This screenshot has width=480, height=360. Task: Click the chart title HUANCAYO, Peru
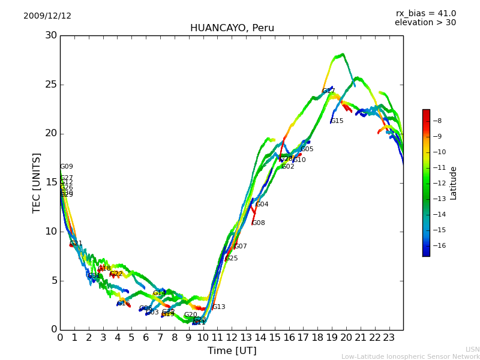[x=232, y=28]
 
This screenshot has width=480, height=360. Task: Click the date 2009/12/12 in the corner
[x=47, y=16]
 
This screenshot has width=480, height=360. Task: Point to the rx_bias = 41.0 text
[x=425, y=14]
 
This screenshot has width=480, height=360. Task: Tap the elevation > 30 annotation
[x=425, y=23]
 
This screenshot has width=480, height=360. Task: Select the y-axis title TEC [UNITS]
[x=37, y=182]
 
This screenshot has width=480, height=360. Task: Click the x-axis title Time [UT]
[x=232, y=350]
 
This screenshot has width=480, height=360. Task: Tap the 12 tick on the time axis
[x=232, y=338]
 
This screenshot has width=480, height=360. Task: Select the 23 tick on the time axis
[x=389, y=338]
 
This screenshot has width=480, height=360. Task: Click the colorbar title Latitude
[x=454, y=183]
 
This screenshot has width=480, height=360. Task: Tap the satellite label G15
[x=337, y=121]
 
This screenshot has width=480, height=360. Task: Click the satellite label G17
[x=328, y=91]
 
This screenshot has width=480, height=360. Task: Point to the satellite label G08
[x=258, y=223]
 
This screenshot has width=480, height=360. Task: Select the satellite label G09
[x=66, y=167]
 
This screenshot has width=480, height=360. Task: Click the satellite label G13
[x=218, y=307]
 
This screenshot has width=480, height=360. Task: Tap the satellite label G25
[x=231, y=259]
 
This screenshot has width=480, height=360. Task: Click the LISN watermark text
[x=472, y=349]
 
